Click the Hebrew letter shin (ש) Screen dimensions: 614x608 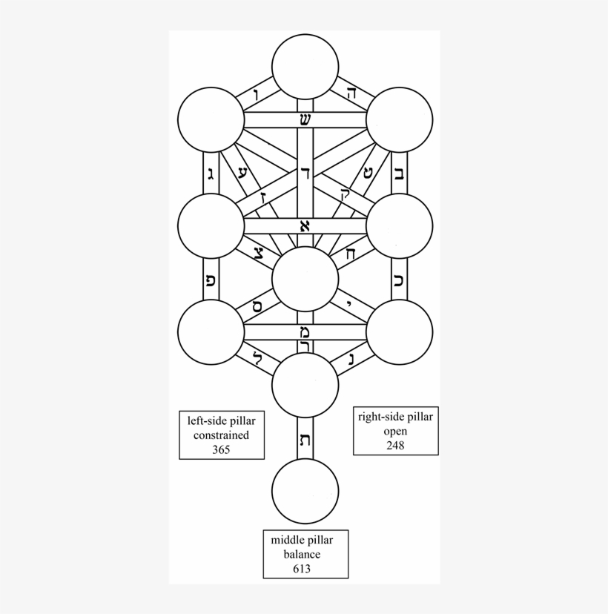[304, 120]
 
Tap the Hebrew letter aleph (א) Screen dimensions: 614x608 [304, 226]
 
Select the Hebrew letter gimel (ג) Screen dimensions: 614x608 [211, 174]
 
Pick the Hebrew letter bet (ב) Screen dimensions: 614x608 [399, 174]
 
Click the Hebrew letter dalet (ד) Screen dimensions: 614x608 [305, 173]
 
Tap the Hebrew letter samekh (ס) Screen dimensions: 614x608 [257, 305]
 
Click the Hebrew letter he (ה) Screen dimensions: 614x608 [351, 93]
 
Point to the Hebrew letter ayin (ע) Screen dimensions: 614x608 [242, 173]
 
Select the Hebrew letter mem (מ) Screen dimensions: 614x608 [305, 331]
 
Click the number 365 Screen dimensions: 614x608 [220, 449]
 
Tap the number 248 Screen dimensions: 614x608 [394, 445]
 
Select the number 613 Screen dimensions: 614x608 [305, 569]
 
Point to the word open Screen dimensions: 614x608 [394, 432]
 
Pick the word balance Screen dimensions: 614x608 [305, 555]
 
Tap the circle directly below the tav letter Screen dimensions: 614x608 [305, 492]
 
